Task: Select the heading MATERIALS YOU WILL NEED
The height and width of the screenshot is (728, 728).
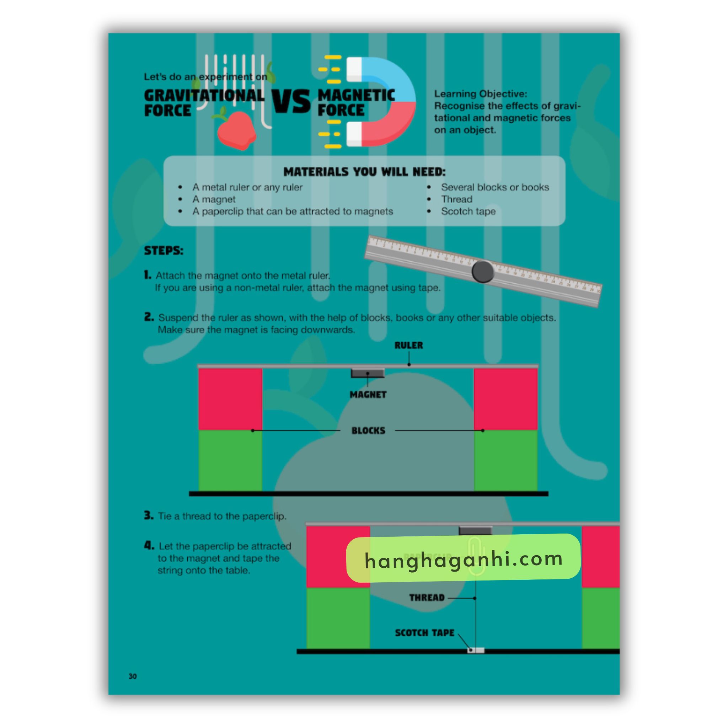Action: tap(364, 172)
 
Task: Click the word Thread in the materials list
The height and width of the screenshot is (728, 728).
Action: tap(456, 199)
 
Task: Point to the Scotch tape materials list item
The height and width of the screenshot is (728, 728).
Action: tap(468, 211)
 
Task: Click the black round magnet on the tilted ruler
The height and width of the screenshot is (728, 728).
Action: tap(482, 271)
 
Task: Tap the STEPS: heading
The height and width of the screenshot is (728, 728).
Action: tap(164, 251)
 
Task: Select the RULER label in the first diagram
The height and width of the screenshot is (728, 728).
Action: tap(408, 345)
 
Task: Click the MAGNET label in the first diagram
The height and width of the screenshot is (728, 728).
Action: tap(368, 395)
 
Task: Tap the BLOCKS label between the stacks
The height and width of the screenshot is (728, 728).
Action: tap(368, 430)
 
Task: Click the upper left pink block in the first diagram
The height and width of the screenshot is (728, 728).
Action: tap(230, 399)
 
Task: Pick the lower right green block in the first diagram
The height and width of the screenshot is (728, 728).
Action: tap(505, 460)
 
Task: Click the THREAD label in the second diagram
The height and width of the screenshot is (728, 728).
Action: tap(427, 598)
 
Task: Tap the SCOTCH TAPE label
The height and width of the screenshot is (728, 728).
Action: tap(424, 633)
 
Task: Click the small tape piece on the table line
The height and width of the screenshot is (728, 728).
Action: tap(476, 650)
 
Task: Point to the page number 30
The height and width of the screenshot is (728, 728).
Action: tap(133, 676)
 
